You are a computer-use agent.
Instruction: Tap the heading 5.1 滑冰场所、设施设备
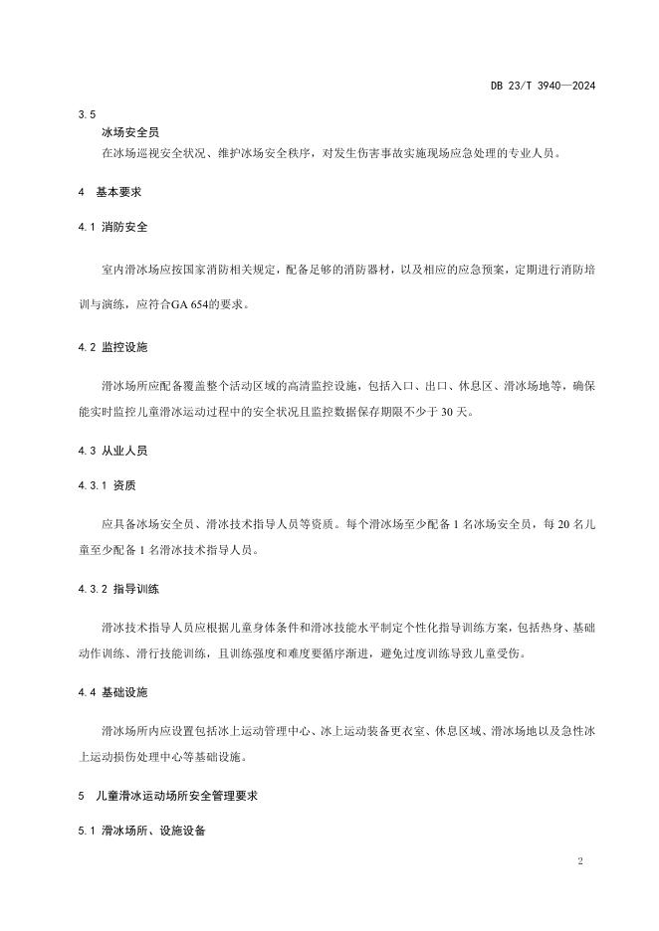(139, 831)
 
